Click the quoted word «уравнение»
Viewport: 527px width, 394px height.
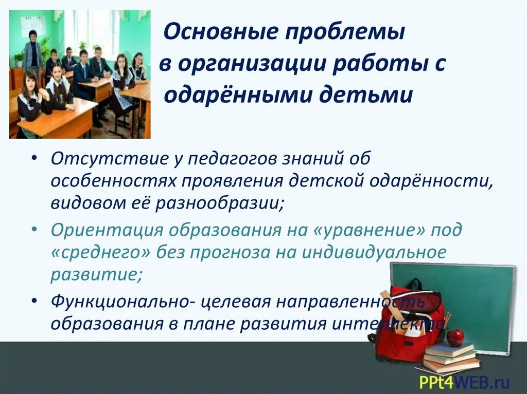(370, 230)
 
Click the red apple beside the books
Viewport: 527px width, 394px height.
(455, 337)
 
